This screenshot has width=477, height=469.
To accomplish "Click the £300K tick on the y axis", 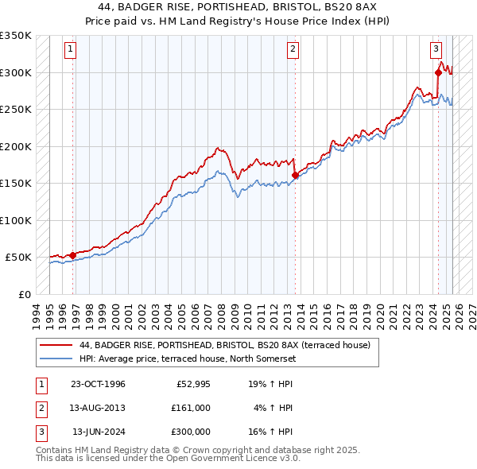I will click(x=16, y=72).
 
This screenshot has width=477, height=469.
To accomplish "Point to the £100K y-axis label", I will click(x=16, y=220).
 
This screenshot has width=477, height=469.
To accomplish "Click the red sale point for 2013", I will click(x=296, y=175).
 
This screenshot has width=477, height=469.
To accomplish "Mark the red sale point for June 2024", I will click(x=438, y=72).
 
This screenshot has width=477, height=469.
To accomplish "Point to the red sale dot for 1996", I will click(x=73, y=255).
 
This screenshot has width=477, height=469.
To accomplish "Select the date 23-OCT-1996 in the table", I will click(x=97, y=384).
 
